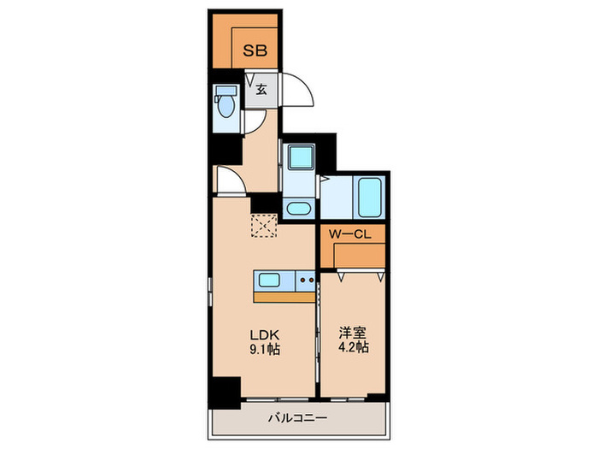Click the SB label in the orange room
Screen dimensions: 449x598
255,50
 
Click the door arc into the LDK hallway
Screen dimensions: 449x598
228,180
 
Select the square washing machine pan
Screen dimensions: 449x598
300,159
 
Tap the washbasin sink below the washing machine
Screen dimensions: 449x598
299,208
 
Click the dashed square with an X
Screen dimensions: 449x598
264,227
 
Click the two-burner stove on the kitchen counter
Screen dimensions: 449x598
308,281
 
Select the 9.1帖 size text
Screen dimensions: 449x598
265,349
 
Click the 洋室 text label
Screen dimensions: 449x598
351,333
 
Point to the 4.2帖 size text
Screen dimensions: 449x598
351,349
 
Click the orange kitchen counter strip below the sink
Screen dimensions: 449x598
285,298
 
